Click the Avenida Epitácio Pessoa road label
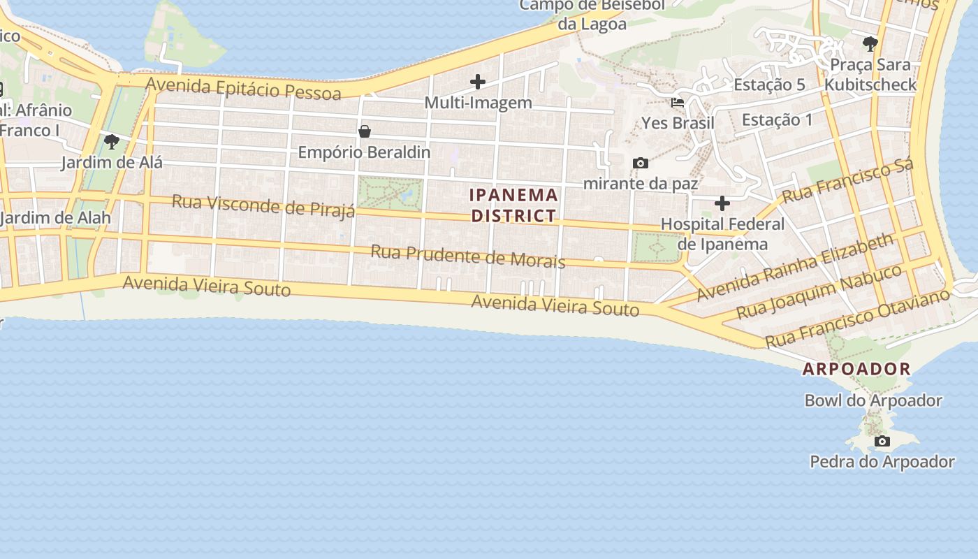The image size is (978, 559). (x=243, y=88)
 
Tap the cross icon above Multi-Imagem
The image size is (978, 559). (x=478, y=82)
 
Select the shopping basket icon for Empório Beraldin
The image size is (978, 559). (x=364, y=131)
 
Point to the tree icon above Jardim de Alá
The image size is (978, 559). (x=111, y=142)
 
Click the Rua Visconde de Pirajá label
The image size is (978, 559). (x=263, y=206)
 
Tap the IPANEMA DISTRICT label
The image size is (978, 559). (x=513, y=205)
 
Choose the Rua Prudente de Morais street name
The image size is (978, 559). (x=467, y=256)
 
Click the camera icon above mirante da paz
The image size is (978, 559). (x=640, y=163)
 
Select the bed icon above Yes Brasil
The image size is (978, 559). (x=678, y=102)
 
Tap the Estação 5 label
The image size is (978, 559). (x=769, y=85)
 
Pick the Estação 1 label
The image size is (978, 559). (x=777, y=119)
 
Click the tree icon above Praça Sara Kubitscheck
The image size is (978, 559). (x=870, y=44)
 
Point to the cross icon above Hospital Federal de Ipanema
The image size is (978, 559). (x=722, y=203)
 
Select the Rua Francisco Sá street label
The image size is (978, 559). (x=847, y=180)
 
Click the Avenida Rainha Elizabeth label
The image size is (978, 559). (x=795, y=268)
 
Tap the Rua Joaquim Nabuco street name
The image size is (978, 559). (x=819, y=291)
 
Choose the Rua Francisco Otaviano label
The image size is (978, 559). (x=857, y=318)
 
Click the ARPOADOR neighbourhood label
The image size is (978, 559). (x=856, y=369)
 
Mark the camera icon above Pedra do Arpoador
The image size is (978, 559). (x=882, y=441)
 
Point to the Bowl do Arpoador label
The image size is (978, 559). (x=873, y=400)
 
